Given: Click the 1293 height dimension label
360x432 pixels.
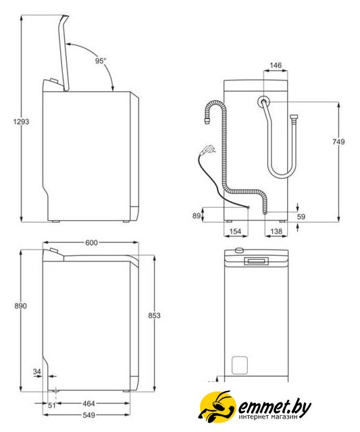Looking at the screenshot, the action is pos(21,122).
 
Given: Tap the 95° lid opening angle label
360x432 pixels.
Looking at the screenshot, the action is pos(101,61).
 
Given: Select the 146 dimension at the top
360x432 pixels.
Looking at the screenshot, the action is pos(276,65).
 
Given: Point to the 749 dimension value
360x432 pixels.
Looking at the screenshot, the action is pos(338,142).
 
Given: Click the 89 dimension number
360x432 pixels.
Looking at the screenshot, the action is pos(197,216).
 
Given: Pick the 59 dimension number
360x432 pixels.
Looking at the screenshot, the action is pos(301,217).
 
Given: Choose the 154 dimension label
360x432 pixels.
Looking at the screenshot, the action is pos(235,232).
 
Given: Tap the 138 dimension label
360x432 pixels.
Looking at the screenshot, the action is pos(276,232).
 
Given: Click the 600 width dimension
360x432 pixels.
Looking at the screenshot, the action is pos(91,243).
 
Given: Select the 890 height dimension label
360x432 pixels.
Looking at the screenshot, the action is pos(21,306).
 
